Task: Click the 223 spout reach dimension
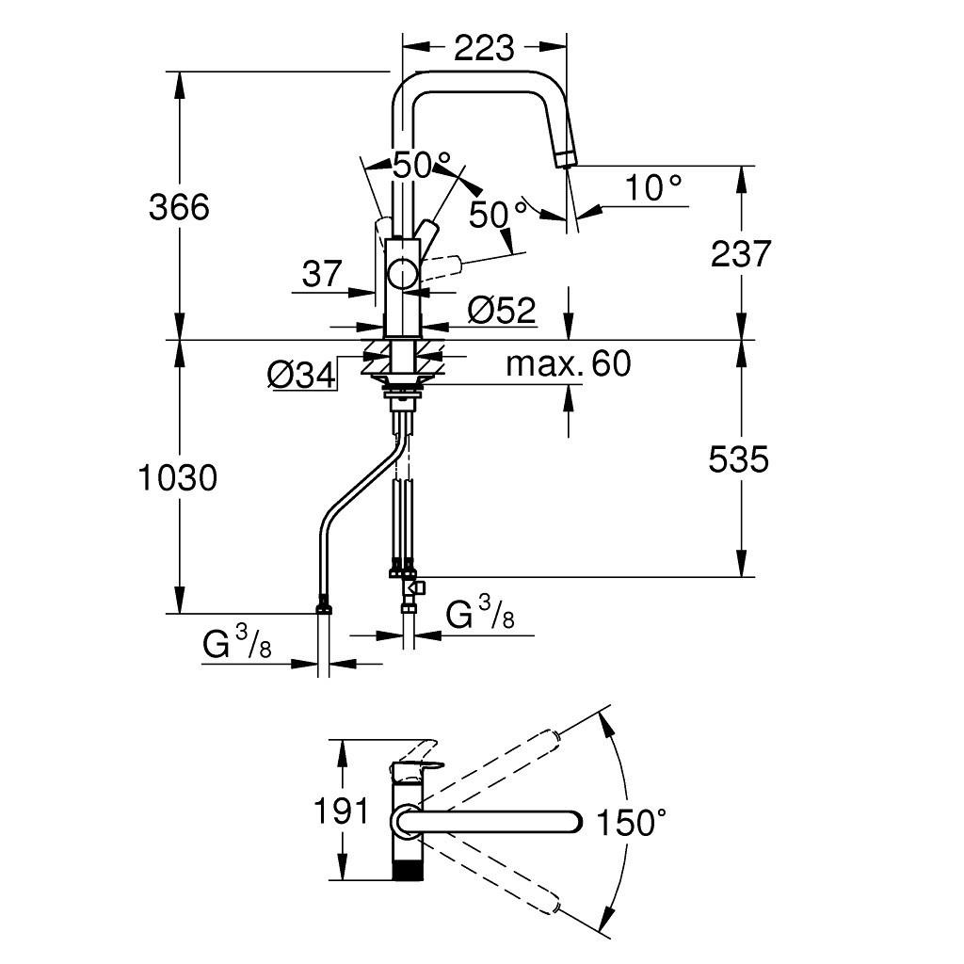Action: point(484,47)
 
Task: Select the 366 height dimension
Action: point(179,206)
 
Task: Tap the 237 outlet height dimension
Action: point(741,253)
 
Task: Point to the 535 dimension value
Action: point(739,458)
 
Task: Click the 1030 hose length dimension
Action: point(178,478)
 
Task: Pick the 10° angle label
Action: point(654,188)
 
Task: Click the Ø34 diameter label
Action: point(301,375)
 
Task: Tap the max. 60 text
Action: point(568,363)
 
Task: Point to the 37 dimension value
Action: point(322,274)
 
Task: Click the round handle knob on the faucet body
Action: point(404,275)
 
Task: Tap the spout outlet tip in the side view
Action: point(567,158)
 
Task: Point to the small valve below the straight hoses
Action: point(413,589)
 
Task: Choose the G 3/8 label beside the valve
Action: point(480,617)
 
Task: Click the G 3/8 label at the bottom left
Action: point(237,647)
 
